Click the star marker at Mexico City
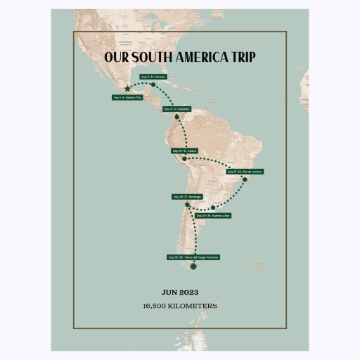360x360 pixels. pyautogui.click(x=127, y=89)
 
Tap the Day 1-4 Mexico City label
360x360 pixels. pyautogui.click(x=127, y=98)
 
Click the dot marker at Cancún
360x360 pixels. pyautogui.click(x=153, y=84)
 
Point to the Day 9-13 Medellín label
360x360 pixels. pyautogui.click(x=176, y=109)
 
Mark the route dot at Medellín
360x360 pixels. pyautogui.click(x=176, y=117)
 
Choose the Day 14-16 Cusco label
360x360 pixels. pyautogui.click(x=185, y=150)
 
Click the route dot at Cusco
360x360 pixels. pyautogui.click(x=184, y=159)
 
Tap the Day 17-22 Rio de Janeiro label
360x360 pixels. pyautogui.click(x=245, y=171)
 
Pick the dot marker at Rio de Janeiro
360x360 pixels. pyautogui.click(x=245, y=179)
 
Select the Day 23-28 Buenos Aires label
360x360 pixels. pyautogui.click(x=213, y=215)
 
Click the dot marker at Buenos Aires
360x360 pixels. pyautogui.click(x=213, y=207)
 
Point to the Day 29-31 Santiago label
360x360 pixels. pyautogui.click(x=187, y=196)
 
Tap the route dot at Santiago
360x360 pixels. pyautogui.click(x=187, y=205)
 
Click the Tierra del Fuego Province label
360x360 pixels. pyautogui.click(x=193, y=257)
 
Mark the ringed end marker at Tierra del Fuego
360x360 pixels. pyautogui.click(x=193, y=266)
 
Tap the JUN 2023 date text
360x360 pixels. pyautogui.click(x=180, y=292)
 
